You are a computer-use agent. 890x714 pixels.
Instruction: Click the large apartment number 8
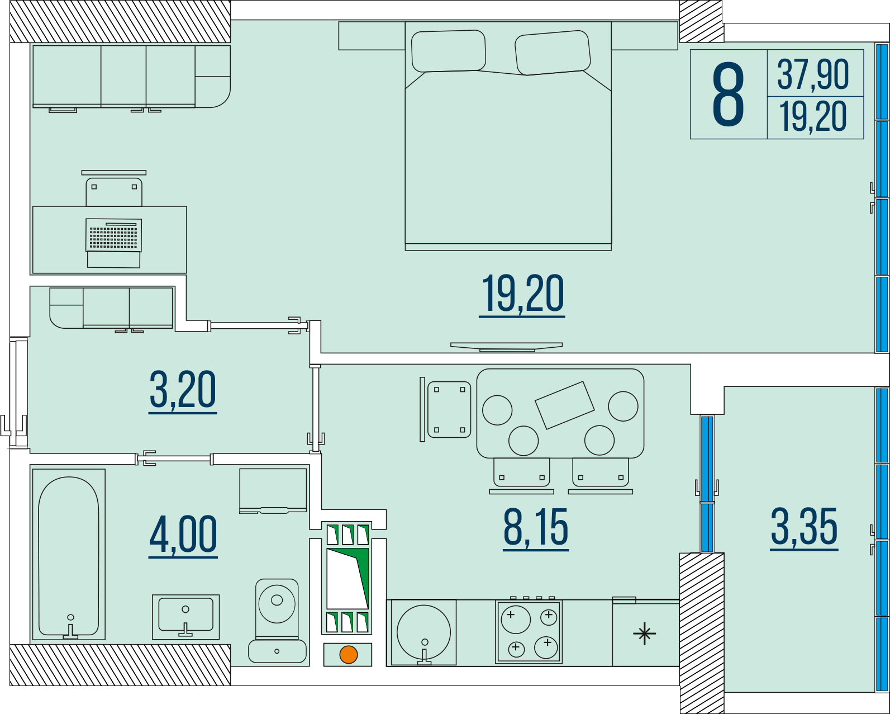click(728, 94)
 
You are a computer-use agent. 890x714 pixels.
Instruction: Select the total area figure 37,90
click(813, 74)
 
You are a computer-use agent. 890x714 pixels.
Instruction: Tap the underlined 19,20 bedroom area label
click(522, 295)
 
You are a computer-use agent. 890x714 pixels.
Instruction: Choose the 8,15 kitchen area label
click(536, 529)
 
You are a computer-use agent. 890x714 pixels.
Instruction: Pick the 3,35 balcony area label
click(805, 528)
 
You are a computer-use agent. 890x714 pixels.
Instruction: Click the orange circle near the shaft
click(348, 655)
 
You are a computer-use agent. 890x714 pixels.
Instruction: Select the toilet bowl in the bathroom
click(277, 621)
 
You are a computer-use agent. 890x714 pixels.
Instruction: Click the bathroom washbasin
click(185, 617)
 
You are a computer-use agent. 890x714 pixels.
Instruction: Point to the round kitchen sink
click(423, 632)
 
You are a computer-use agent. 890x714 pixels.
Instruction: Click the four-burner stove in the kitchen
click(529, 631)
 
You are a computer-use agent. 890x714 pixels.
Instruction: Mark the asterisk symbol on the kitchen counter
click(644, 633)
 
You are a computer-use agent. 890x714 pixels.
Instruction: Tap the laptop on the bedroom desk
click(114, 243)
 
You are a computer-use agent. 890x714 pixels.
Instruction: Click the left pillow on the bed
click(448, 51)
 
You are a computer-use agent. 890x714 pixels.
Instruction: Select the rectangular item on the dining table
click(564, 405)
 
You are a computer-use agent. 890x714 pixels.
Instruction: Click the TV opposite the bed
click(507, 347)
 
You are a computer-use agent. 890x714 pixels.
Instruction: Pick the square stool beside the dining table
click(449, 409)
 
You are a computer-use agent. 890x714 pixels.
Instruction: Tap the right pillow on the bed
click(553, 53)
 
